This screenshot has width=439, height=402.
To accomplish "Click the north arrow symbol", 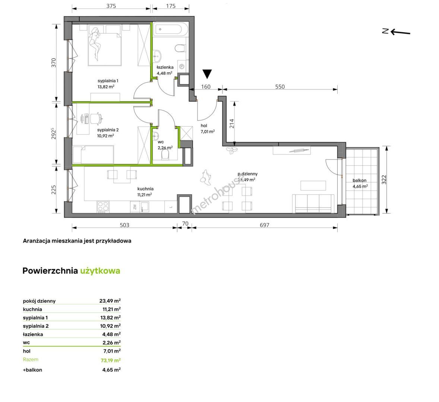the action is [396, 32].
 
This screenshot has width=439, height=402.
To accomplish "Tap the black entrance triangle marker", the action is [207, 74].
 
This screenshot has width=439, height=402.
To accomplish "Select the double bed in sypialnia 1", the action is [105, 49].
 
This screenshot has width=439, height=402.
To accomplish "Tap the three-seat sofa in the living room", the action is [313, 204].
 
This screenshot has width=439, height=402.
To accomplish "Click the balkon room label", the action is [360, 180].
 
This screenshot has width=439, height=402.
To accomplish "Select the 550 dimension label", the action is [280, 87].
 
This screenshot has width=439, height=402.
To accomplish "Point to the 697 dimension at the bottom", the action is [265, 225].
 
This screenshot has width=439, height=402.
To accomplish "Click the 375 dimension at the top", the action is [111, 6].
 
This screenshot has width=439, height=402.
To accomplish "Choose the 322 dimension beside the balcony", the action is [384, 179].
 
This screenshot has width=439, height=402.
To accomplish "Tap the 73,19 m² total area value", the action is [111, 360].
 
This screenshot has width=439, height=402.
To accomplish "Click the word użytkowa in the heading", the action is [100, 271].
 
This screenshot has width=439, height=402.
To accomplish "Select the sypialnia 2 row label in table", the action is [36, 326].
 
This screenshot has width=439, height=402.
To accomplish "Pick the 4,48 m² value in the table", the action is [111, 334].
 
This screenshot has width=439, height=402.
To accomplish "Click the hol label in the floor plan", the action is [204, 125].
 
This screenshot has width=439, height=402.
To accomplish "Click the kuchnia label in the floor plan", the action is [145, 189].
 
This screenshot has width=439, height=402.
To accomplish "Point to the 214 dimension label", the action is [231, 124].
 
